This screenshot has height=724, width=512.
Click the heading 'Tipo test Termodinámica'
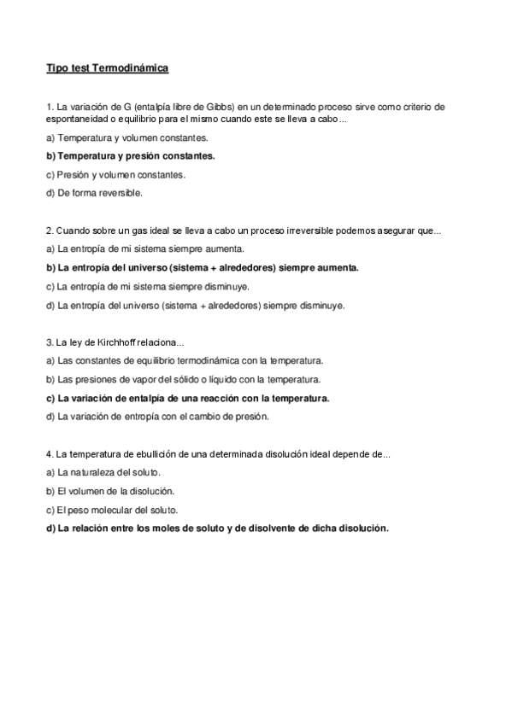pos(108,67)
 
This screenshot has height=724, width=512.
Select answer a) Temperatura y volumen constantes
pos(128,137)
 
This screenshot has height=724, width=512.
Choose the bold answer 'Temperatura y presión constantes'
pos(131,155)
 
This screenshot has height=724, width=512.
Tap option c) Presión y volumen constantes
pos(115,174)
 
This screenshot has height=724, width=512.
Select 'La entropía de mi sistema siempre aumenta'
pos(145,248)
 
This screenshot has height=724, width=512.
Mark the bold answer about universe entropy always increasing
pos(203,267)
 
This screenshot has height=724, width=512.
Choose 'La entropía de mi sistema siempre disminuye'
pos(148,286)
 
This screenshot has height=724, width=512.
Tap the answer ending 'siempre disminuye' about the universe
pos(196,305)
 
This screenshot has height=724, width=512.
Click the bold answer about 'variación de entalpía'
pos(188,398)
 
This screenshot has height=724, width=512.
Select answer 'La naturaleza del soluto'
pos(104,472)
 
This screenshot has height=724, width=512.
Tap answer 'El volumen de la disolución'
pos(110,491)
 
